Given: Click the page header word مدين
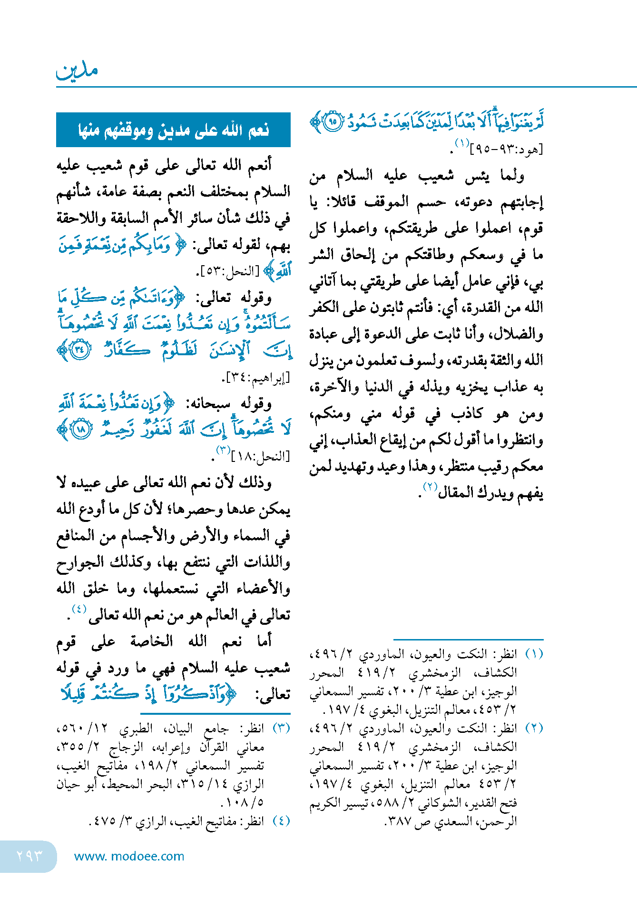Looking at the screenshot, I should (77, 71).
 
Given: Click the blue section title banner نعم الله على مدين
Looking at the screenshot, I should (173, 130).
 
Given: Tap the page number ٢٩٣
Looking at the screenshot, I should (29, 856).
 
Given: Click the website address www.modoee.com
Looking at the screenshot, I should (129, 856).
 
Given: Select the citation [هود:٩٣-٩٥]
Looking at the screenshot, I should (506, 150).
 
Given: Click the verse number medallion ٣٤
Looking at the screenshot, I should (80, 350).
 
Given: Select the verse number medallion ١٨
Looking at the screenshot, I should (80, 429).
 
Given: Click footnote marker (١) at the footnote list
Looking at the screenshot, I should (534, 654).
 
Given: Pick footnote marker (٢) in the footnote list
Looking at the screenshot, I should (534, 728).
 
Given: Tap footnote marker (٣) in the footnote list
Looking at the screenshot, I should (281, 728).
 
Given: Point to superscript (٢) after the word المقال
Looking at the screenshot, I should (430, 487).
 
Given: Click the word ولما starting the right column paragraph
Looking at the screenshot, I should (512, 176).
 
